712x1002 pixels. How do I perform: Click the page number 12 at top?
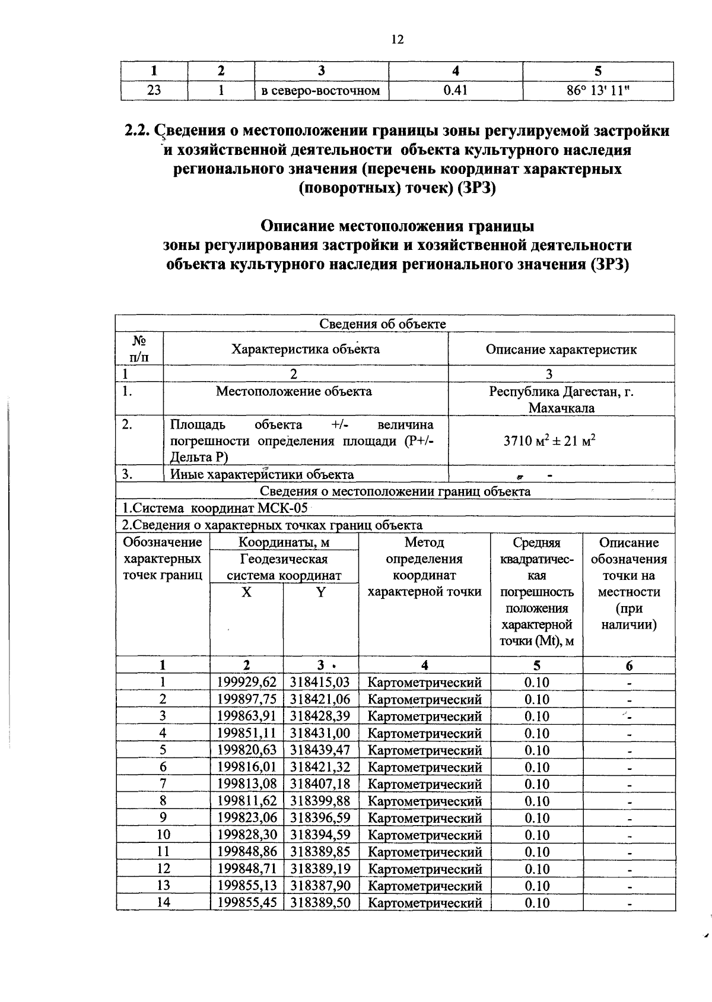pyautogui.click(x=397, y=40)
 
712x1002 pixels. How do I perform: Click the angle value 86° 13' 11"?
pyautogui.click(x=597, y=91)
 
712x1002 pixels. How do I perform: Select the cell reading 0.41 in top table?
pyautogui.click(x=455, y=91)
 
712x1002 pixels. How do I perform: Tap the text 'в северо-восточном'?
pyautogui.click(x=320, y=91)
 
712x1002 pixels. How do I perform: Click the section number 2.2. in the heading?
pyautogui.click(x=138, y=131)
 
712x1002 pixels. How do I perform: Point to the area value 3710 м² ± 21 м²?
pyautogui.click(x=549, y=441)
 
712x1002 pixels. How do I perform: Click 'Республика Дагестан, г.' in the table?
pyautogui.click(x=561, y=392)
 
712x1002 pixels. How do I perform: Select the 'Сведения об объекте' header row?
pyautogui.click(x=383, y=324)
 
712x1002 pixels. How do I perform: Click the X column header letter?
pyautogui.click(x=246, y=592)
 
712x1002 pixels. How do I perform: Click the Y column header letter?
pyautogui.click(x=320, y=592)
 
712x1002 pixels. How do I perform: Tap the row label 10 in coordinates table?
pyautogui.click(x=163, y=835)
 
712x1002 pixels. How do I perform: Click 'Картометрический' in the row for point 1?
pyautogui.click(x=424, y=683)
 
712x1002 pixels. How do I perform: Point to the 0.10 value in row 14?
pyautogui.click(x=536, y=903)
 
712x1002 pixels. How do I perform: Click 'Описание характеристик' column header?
pyautogui.click(x=561, y=349)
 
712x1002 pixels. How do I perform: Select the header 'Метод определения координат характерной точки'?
pyautogui.click(x=424, y=567)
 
